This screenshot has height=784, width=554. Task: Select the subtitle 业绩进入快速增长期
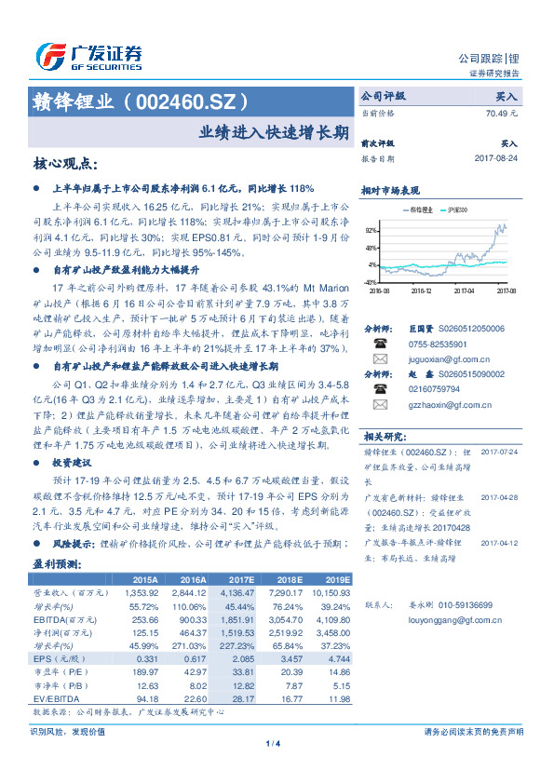tap(275, 131)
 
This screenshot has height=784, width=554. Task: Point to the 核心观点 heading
tap(64, 163)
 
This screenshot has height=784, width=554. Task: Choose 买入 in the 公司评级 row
tap(507, 96)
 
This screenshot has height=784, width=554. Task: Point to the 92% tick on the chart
tap(372, 229)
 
